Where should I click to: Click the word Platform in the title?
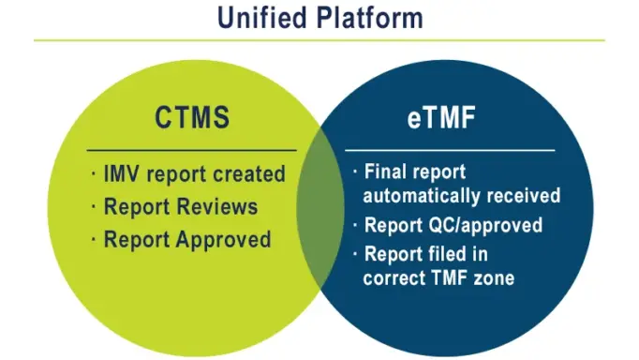(369, 18)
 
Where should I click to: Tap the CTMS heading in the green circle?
(192, 119)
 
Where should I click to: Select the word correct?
(396, 277)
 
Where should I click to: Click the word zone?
(494, 277)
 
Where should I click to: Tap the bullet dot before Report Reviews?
(94, 206)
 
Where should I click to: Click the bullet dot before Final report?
(354, 172)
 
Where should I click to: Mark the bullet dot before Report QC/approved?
(354, 225)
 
